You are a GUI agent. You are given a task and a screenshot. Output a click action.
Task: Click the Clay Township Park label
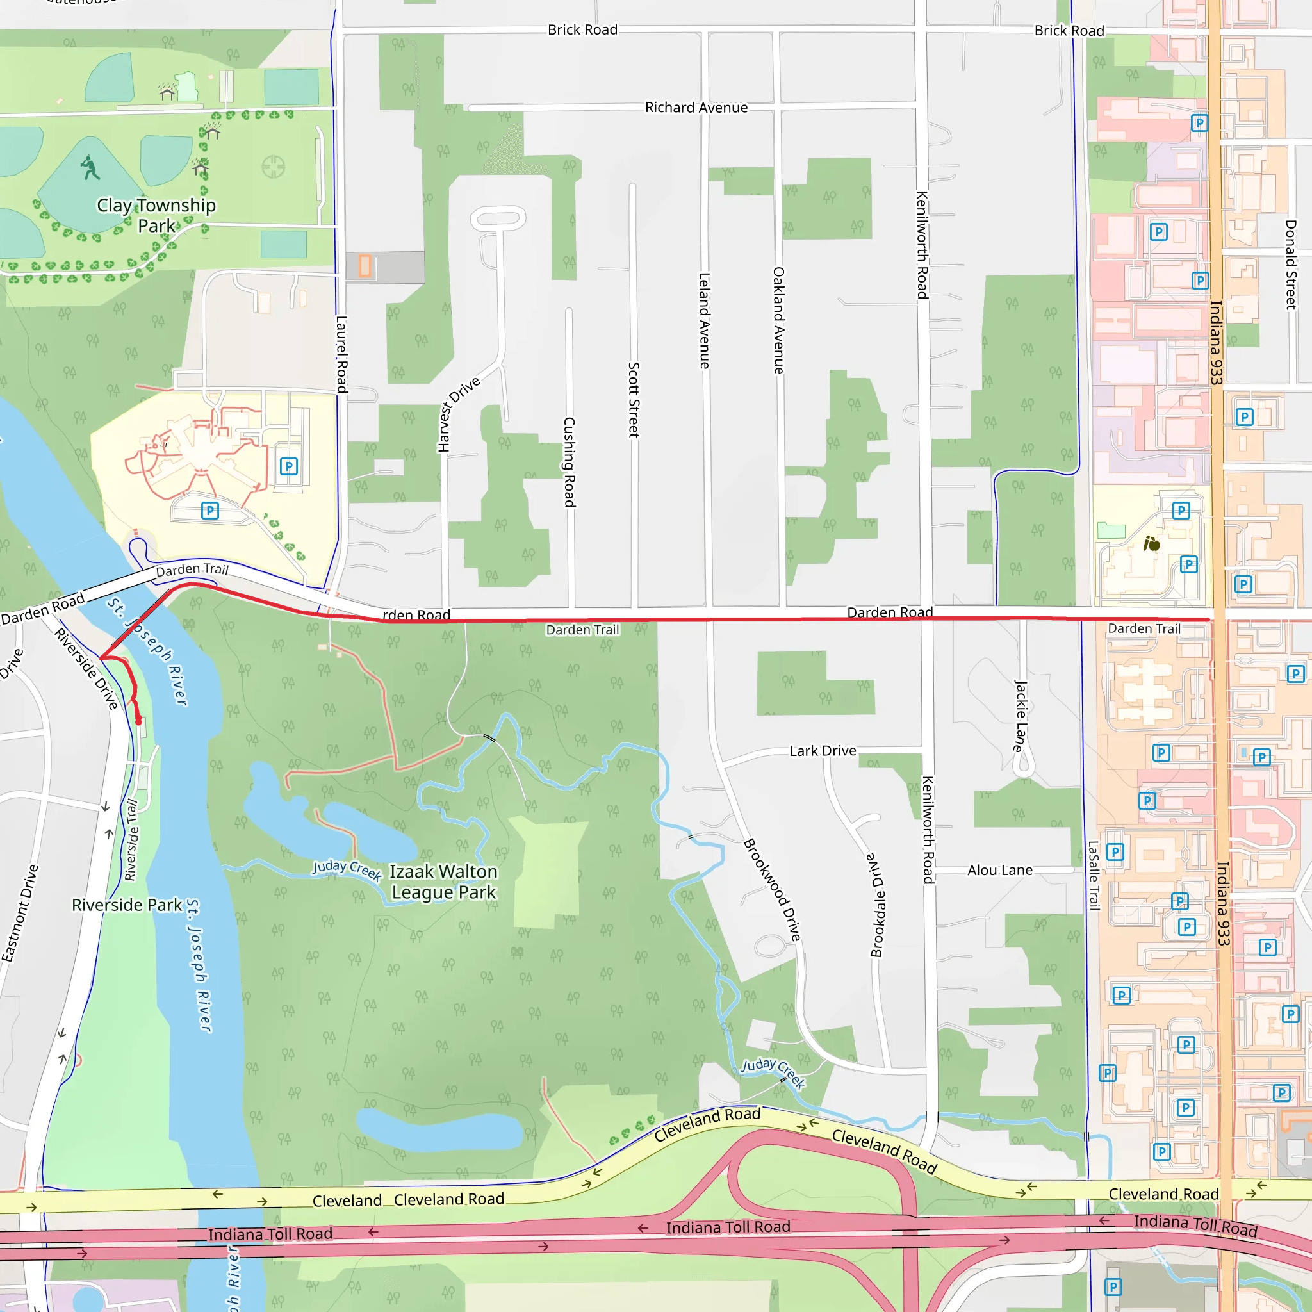click(156, 215)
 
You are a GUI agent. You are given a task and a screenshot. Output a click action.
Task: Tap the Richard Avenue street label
click(696, 107)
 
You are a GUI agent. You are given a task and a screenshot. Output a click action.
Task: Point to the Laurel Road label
click(341, 354)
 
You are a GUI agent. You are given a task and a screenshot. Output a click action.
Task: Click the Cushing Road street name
click(569, 462)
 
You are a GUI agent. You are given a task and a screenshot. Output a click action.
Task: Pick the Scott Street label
click(633, 399)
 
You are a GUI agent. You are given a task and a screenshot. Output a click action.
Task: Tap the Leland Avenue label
click(704, 320)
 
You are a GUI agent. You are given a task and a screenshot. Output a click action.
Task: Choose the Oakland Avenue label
click(778, 320)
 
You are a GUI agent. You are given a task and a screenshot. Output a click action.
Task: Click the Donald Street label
click(1290, 264)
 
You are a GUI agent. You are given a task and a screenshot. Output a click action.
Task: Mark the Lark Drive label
click(823, 750)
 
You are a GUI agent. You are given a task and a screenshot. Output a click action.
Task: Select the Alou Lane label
click(999, 870)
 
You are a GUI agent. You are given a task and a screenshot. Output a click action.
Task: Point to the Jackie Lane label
click(1020, 715)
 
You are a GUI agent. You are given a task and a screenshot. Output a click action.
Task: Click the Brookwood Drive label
click(772, 890)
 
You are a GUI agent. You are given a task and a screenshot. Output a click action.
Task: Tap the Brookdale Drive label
click(878, 905)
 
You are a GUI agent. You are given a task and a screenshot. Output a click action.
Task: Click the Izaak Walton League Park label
click(443, 881)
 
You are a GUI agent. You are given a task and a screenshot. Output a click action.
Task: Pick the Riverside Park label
click(127, 905)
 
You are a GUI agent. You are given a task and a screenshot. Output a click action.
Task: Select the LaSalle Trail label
click(1094, 875)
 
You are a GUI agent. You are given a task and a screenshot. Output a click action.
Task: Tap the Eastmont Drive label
click(20, 913)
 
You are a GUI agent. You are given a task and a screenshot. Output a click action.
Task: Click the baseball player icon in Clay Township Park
click(90, 167)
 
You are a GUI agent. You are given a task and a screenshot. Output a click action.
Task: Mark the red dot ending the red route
click(138, 722)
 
